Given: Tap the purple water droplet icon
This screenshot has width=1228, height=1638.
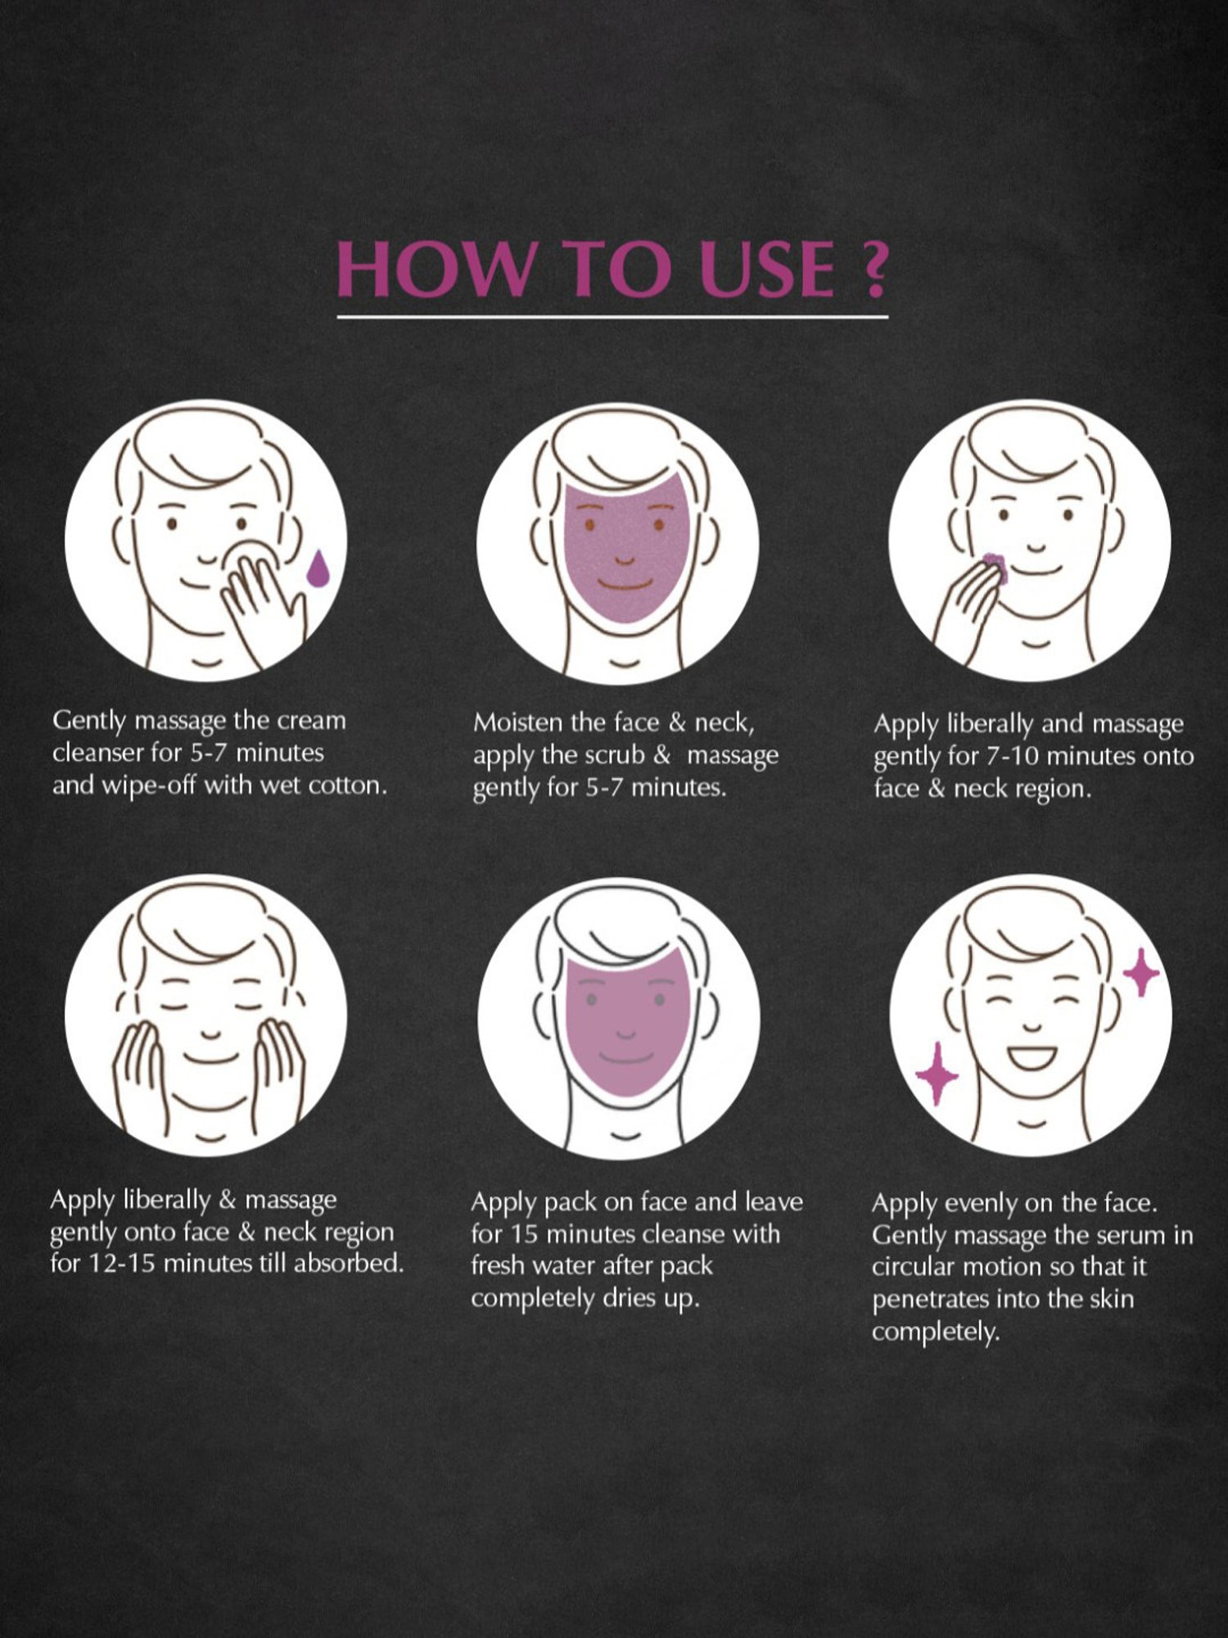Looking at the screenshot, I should click(x=318, y=568).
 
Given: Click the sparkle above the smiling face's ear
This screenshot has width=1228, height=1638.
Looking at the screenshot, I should click(x=1141, y=972).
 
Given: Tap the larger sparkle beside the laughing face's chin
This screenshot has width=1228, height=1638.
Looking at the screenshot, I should click(x=936, y=1073).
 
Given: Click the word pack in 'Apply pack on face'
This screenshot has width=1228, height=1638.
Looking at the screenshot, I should click(x=571, y=1202).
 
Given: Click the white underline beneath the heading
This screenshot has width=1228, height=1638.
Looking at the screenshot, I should click(x=612, y=316).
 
